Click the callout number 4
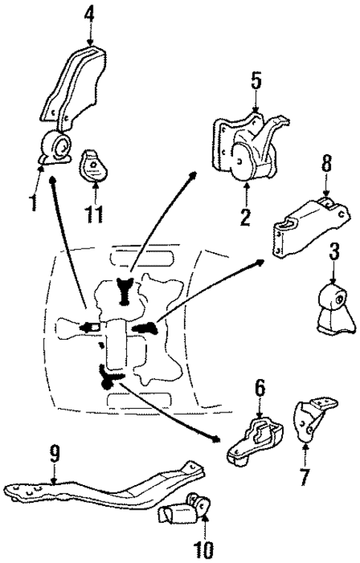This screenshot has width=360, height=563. (89, 13)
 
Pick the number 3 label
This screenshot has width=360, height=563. (335, 252)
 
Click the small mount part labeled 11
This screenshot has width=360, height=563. (92, 165)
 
